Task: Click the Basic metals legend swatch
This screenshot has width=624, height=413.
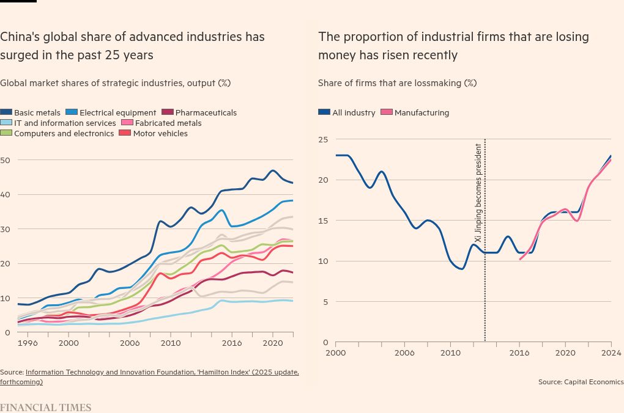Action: (6, 112)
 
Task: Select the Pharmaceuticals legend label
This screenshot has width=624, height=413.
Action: (206, 112)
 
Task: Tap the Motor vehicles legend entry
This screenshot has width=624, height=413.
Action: (160, 133)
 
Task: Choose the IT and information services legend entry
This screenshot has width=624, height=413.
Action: (65, 123)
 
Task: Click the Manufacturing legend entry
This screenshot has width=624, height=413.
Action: (422, 112)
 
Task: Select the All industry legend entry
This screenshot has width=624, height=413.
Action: (354, 112)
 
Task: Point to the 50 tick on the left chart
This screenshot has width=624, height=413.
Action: (6, 160)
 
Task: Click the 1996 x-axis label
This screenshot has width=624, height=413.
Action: (28, 343)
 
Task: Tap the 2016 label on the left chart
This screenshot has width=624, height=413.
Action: (232, 343)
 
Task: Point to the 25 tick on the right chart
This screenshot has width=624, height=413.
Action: (323, 139)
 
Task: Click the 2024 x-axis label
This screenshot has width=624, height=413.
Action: (611, 353)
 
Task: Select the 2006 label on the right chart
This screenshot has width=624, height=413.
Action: (404, 353)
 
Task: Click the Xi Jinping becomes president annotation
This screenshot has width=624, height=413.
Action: (478, 193)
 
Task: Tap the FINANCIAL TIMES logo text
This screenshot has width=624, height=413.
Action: (45, 408)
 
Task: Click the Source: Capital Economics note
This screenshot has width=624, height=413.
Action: (581, 382)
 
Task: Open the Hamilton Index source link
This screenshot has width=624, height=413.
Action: (162, 372)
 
